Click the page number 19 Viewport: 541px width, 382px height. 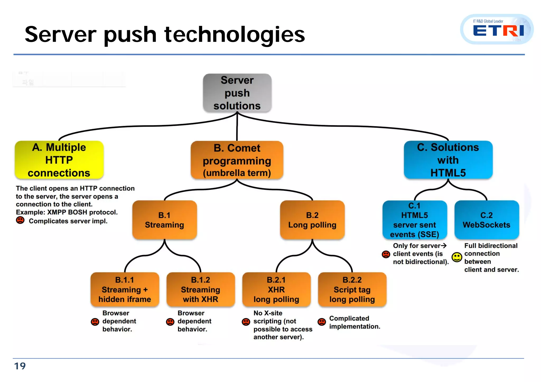point(20,366)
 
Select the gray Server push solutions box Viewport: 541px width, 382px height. point(237,93)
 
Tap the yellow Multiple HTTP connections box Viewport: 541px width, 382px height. point(59,160)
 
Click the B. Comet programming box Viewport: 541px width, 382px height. point(237,160)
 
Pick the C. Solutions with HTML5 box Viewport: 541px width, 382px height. point(448,160)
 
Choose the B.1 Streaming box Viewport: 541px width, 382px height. point(164,220)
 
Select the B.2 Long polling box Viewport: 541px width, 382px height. point(312,220)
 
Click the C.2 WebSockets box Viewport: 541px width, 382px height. point(487,220)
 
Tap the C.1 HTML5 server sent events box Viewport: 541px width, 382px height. point(414,220)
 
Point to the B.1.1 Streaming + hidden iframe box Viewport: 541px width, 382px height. point(125,289)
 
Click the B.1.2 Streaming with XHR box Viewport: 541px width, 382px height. point(200,289)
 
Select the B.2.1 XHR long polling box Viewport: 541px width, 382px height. point(276,289)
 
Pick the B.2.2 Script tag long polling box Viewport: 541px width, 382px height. point(352,289)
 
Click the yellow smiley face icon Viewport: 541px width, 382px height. point(457,257)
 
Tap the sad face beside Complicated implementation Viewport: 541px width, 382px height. point(321,322)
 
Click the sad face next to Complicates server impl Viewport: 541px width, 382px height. point(20,220)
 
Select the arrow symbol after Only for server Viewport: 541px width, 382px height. point(444,246)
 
